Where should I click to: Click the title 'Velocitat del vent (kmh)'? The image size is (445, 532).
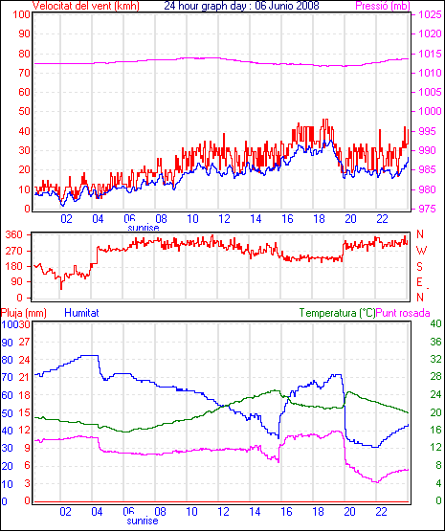click(x=85, y=6)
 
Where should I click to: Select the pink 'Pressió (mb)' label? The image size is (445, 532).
click(x=383, y=6)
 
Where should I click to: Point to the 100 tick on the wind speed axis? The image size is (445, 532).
click(x=21, y=15)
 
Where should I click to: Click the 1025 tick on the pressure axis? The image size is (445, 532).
click(x=430, y=15)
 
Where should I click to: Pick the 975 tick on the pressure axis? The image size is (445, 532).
click(x=427, y=209)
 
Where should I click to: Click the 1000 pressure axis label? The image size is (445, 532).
click(x=430, y=112)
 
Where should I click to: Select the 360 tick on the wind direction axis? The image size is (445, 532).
click(x=14, y=234)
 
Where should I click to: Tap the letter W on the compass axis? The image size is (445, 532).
click(x=421, y=251)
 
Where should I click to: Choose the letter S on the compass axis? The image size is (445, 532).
click(x=419, y=267)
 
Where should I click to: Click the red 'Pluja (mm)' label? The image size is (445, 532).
click(x=23, y=313)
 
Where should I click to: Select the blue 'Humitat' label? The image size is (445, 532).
click(x=81, y=313)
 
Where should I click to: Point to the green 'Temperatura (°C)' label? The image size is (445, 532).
click(x=338, y=313)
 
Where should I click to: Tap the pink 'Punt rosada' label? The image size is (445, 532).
click(x=403, y=313)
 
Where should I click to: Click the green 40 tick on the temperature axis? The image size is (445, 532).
click(x=435, y=324)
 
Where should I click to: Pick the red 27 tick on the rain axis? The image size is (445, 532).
click(x=24, y=342)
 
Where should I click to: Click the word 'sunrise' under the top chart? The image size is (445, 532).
click(x=144, y=228)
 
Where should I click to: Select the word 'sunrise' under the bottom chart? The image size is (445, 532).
click(x=143, y=521)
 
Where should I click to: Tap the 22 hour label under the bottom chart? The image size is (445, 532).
click(x=381, y=511)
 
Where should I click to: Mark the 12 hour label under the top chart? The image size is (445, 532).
click(x=224, y=219)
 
